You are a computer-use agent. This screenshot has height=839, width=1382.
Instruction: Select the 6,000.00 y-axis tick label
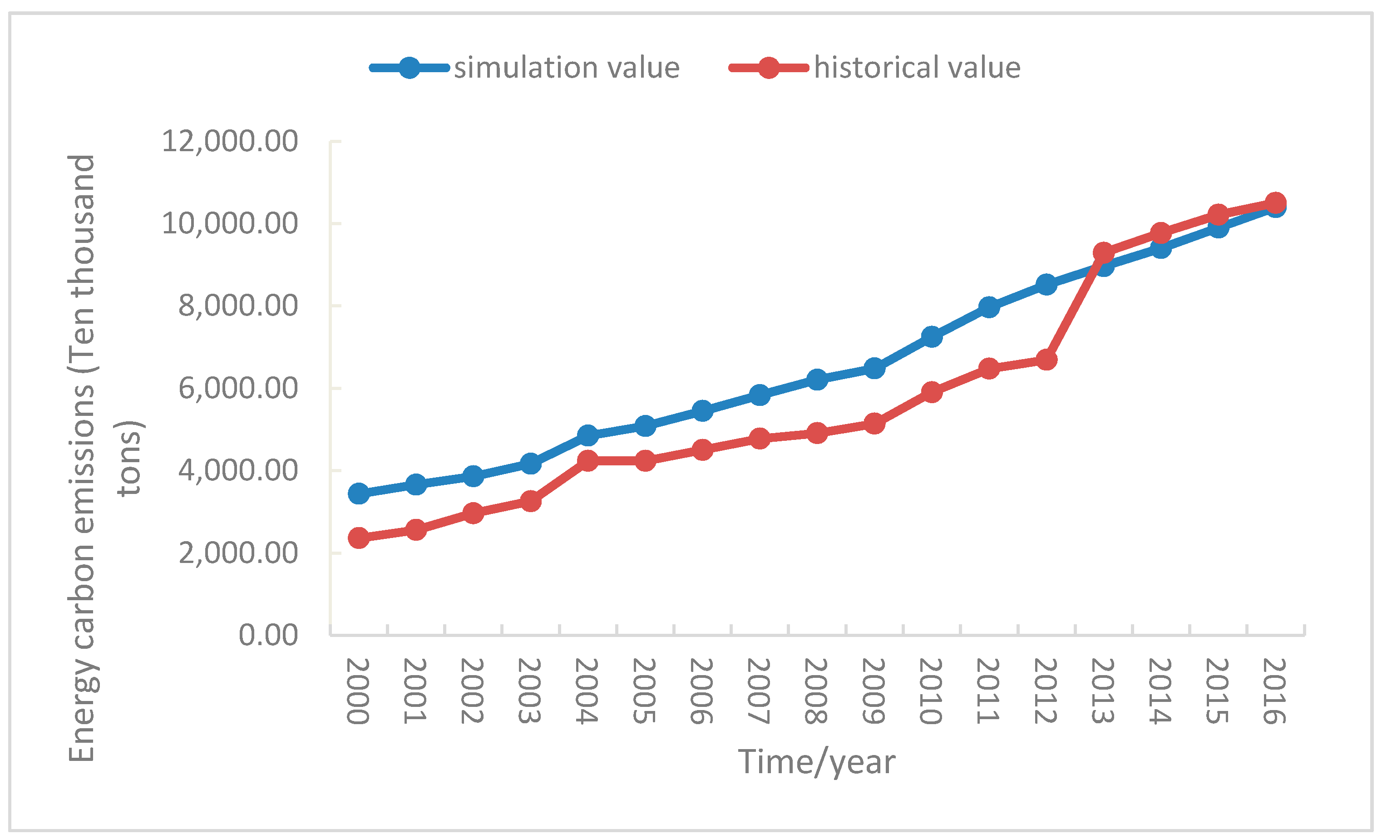click(x=238, y=388)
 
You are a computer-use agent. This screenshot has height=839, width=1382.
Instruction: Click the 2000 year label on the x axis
click(x=358, y=691)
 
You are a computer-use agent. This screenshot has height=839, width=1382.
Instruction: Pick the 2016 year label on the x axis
click(x=1274, y=691)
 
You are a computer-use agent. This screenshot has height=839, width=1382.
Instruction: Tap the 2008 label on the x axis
click(x=815, y=691)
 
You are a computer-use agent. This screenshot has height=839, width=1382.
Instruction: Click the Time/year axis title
click(x=816, y=762)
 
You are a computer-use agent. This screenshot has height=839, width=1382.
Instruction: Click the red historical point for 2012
click(x=1046, y=360)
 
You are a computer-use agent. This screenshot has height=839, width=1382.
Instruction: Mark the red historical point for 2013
click(x=1103, y=253)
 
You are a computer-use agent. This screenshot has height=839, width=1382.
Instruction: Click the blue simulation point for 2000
click(x=358, y=494)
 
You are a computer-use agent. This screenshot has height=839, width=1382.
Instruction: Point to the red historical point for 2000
click(x=358, y=538)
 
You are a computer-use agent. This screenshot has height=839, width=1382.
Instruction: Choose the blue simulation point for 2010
click(x=932, y=336)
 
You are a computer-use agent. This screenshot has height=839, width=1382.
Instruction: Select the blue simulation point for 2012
click(x=1046, y=284)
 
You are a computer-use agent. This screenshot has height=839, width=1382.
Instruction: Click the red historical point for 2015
click(x=1218, y=215)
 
